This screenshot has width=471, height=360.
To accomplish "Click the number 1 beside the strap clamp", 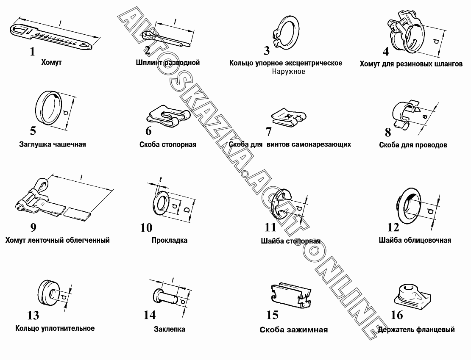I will pyautogui.click(x=32, y=52).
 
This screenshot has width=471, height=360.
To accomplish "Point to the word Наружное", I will pyautogui.click(x=288, y=72).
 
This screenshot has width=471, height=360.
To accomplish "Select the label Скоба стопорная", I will pyautogui.click(x=167, y=144).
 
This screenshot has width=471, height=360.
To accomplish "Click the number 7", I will pyautogui.click(x=268, y=131).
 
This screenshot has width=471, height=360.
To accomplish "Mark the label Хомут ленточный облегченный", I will pyautogui.click(x=58, y=240).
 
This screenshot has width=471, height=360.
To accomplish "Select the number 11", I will pyautogui.click(x=270, y=227).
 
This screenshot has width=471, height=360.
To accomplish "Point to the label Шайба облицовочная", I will pyautogui.click(x=415, y=240).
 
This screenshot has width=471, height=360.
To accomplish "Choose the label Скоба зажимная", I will pyautogui.click(x=293, y=330).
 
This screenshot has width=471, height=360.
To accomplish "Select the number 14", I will pyautogui.click(x=150, y=315).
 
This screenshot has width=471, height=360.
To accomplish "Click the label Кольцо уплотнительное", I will pyautogui.click(x=55, y=328).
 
